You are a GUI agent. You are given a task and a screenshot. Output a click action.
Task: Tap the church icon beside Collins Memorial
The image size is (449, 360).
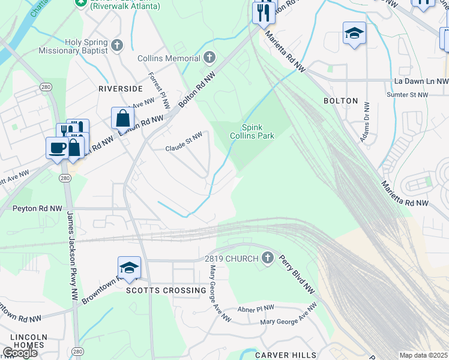[x=209, y=58]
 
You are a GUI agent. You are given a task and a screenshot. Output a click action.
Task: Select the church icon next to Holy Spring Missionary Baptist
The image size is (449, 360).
[x=117, y=43]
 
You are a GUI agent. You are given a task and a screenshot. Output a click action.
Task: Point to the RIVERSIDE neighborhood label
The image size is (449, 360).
[x=121, y=88]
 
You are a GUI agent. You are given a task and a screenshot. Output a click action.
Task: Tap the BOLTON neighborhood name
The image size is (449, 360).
[x=340, y=101]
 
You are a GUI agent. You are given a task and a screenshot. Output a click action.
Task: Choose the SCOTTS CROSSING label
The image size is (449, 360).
[x=166, y=290]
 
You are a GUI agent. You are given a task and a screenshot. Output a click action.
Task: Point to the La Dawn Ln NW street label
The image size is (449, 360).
[x=421, y=81]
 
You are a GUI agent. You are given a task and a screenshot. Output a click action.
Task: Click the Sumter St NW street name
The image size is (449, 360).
[x=408, y=95]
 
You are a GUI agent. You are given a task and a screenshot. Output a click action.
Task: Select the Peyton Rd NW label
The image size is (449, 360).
[x=37, y=209]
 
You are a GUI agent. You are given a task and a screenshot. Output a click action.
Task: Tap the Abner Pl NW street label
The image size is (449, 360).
[x=255, y=308]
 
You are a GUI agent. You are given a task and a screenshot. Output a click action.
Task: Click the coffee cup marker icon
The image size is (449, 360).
[x=57, y=148]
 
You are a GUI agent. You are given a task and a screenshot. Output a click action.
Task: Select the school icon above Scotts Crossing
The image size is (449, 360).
[x=129, y=267]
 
